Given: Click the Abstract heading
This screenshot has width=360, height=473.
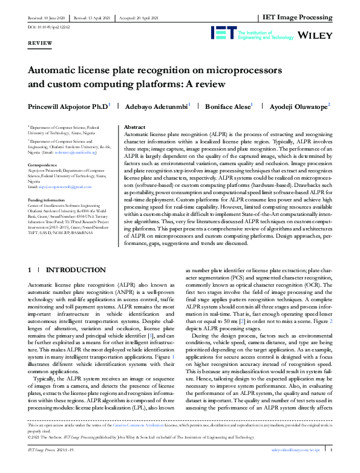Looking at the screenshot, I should (134, 127).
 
